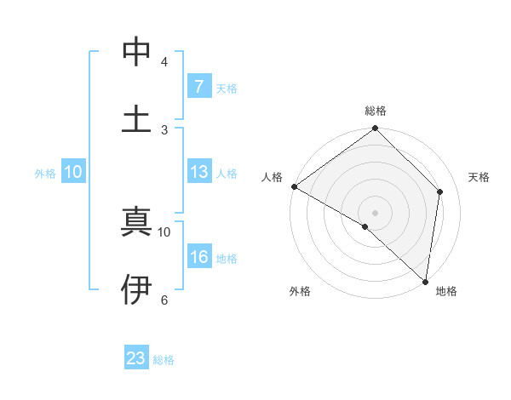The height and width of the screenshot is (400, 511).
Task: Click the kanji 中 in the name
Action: pyautogui.click(x=136, y=53)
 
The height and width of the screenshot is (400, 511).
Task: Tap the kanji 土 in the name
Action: pyautogui.click(x=136, y=118)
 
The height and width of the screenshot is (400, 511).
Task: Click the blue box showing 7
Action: pyautogui.click(x=198, y=87)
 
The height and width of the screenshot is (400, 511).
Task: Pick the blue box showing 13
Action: pyautogui.click(x=198, y=172)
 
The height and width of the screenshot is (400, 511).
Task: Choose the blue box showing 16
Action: pyautogui.click(x=198, y=257)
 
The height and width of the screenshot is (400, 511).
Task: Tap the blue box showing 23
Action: pyautogui.click(x=136, y=358)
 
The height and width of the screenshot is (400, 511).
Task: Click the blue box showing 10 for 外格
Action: pyautogui.click(x=73, y=172)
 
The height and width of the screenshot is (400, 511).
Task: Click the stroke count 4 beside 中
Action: pyautogui.click(x=164, y=62)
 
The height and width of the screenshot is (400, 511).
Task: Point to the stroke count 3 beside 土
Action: pyautogui.click(x=164, y=129)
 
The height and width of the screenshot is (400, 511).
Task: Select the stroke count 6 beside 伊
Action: pyautogui.click(x=164, y=300)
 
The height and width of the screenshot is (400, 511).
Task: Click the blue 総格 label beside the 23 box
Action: pyautogui.click(x=164, y=360)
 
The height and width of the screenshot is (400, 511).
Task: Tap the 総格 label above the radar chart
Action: pyautogui.click(x=376, y=111)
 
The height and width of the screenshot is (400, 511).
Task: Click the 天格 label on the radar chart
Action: pyautogui.click(x=479, y=177)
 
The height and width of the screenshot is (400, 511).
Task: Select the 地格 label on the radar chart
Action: pyautogui.click(x=446, y=291)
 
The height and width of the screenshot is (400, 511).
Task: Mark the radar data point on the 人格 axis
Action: pyautogui.click(x=294, y=186)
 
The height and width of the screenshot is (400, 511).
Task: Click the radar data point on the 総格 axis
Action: pyautogui.click(x=376, y=129)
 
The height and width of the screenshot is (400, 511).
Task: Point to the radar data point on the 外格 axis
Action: pyautogui.click(x=365, y=226)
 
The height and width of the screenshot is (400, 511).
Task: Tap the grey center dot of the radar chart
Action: pyautogui.click(x=376, y=212)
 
